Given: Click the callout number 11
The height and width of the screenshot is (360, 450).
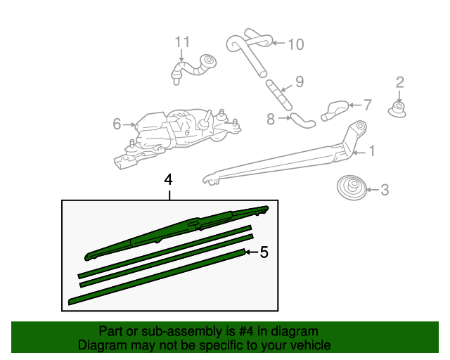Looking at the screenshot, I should tap(183, 41).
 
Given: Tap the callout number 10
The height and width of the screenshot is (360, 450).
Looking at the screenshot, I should tap(295, 44).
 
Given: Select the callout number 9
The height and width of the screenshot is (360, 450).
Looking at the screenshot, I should tap(299, 82).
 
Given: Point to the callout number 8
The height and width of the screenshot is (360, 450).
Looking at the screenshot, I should tap(271, 120).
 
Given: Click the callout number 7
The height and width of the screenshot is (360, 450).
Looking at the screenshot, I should tap(367, 105).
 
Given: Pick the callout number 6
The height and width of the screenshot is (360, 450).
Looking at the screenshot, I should tap(117, 124).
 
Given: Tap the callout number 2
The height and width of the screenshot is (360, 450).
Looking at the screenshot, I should tap(399, 82).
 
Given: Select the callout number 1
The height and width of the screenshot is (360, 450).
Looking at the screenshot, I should tap(372, 150).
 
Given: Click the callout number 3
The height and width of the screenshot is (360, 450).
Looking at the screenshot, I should tap(384, 188).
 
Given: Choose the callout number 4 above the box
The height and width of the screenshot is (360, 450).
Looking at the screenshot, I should tap(169, 179).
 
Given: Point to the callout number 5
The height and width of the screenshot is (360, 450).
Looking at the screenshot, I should tap(264, 252).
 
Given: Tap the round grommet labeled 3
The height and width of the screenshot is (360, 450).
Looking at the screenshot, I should tap(351, 188).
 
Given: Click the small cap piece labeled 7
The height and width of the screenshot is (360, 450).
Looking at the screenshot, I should tap(337, 109).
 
